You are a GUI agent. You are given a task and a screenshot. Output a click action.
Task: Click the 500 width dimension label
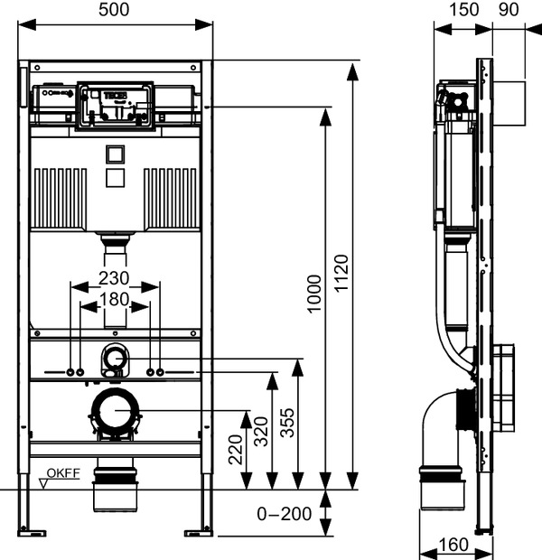pos(114,10)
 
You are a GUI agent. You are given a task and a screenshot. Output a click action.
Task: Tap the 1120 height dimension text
pos(341,273)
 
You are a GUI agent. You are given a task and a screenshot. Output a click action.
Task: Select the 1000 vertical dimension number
pos(314,294)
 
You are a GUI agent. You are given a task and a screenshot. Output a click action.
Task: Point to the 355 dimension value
pos(287,423)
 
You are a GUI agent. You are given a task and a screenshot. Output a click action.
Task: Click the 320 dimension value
pos(261,432)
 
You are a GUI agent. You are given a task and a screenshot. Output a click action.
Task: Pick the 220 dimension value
pos(236,449)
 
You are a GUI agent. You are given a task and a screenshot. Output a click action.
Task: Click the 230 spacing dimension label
pos(114,278)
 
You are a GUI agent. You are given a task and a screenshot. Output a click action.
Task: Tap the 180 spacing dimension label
pos(115,299)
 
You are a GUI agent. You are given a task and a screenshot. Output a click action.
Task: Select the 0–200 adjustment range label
pos(285,514)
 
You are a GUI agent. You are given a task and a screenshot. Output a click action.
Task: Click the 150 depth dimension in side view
pos(463,10)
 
